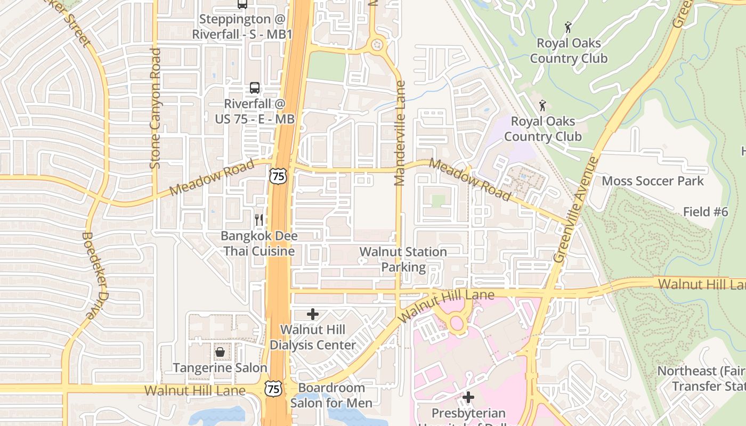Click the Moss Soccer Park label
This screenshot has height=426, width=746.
(652, 181)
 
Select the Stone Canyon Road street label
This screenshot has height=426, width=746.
(155, 109)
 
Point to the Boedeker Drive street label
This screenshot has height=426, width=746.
(89, 275)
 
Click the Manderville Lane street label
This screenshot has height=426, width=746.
(400, 133)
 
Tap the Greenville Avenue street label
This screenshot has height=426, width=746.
(577, 209)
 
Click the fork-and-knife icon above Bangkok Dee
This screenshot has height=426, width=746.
(259, 219)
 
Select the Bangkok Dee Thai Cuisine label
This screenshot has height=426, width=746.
(260, 243)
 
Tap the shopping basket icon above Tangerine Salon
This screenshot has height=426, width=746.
(220, 352)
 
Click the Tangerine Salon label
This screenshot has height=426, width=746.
(220, 368)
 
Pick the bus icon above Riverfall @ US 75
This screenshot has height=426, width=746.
(255, 88)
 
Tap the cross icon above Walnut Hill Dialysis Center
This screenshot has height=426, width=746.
(313, 314)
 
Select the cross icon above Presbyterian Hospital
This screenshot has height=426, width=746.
(468, 397)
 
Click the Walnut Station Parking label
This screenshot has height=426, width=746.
(403, 259)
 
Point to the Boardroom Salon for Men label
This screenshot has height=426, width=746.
(331, 395)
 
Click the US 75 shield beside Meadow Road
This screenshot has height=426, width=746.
(278, 176)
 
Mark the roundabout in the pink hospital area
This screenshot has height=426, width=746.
(457, 322)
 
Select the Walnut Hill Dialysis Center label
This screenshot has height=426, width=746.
(313, 337)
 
